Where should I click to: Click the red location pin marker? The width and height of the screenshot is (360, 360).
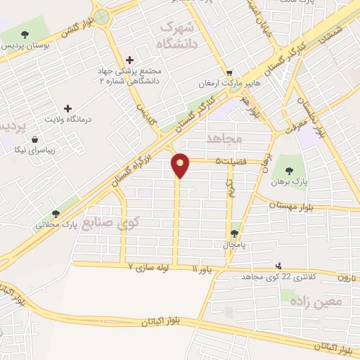coord(181,165)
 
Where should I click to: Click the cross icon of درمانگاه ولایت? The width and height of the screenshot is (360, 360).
coord(68,108)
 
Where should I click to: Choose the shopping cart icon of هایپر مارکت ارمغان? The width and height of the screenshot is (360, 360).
coord(229,72)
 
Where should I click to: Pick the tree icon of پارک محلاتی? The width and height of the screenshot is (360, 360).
coord(56,214)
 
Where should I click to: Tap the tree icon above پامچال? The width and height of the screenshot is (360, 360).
coord(234,234)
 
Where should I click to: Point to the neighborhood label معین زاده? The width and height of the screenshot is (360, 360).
coord(314,300)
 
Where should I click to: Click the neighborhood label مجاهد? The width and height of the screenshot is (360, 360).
coord(224,139)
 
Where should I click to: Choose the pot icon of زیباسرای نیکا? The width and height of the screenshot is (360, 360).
coord(34,140)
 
